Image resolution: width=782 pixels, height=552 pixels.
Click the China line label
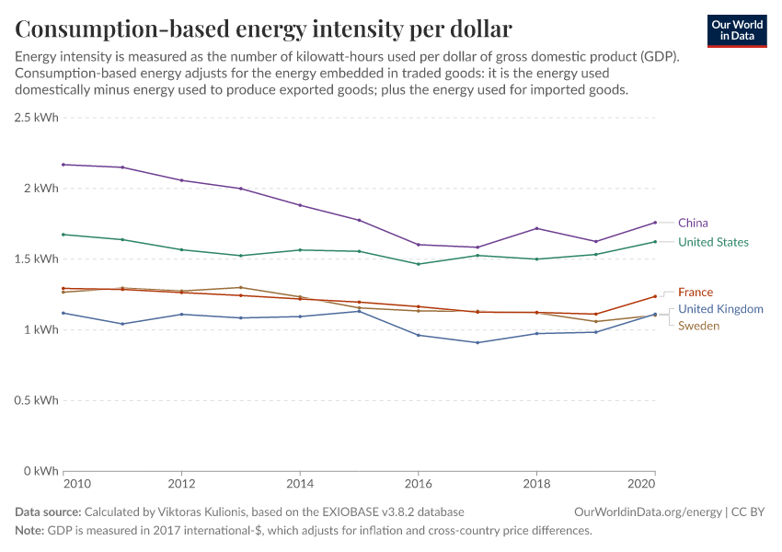[x=693, y=223]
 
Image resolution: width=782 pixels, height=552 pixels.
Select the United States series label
[x=713, y=242]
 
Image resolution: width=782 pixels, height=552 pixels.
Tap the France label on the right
[x=695, y=292]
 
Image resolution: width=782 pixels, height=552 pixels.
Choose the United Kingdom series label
[x=720, y=309]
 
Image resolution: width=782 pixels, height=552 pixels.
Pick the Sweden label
[x=698, y=326]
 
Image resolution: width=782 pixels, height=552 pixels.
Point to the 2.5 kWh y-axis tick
[x=36, y=118]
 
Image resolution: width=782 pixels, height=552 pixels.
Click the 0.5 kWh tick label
[x=36, y=400]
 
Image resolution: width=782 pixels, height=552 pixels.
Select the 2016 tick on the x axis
[x=419, y=483]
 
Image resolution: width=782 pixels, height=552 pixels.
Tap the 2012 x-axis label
[x=181, y=483]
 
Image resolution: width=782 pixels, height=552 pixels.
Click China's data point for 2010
[x=63, y=165]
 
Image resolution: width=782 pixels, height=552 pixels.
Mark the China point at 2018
[x=536, y=228]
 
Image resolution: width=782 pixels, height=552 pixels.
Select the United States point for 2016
[x=419, y=264]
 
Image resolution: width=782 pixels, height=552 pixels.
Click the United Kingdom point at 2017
[x=477, y=342]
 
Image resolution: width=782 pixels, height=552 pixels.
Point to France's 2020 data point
[x=655, y=296]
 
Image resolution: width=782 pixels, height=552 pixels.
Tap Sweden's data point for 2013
[x=241, y=287]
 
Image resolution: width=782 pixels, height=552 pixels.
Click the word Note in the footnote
[x=29, y=531]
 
